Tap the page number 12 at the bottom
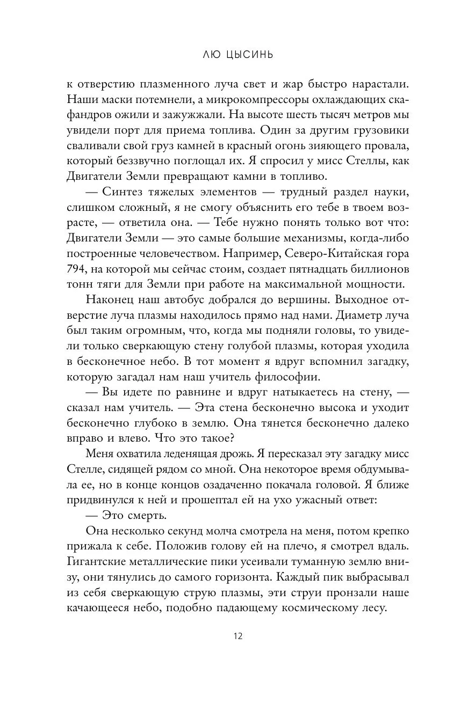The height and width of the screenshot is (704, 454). pos(238,637)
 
